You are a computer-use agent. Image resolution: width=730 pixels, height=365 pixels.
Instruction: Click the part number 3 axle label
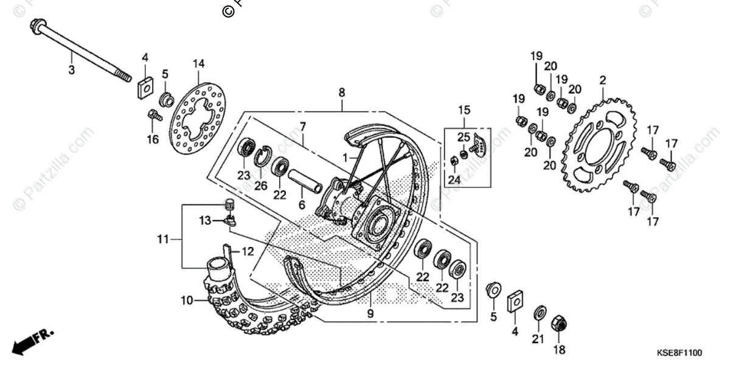(x=71, y=70)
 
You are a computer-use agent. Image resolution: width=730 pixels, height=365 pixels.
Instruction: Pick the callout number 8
(x=342, y=92)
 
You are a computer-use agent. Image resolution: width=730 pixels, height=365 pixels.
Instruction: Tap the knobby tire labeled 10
(x=255, y=304)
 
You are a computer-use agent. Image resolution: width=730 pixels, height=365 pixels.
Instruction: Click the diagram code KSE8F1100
(x=679, y=353)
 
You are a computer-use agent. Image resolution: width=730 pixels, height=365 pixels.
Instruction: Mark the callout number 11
(x=162, y=240)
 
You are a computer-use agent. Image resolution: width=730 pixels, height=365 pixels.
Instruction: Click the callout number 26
(x=260, y=186)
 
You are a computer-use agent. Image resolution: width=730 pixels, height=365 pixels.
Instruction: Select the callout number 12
(x=248, y=251)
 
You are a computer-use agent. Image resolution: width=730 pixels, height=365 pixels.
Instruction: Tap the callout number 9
(x=370, y=314)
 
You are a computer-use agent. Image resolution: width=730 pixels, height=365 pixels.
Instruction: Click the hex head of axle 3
(x=36, y=26)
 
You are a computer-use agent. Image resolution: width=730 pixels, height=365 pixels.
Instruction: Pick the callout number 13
(x=205, y=220)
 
